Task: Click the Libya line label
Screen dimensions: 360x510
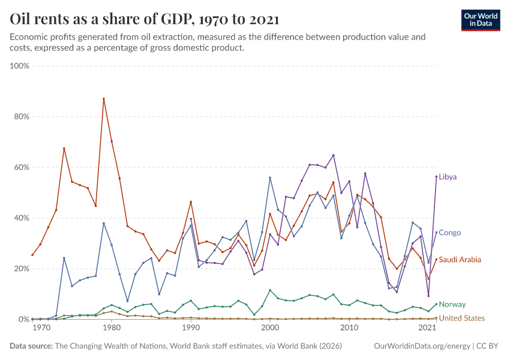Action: (448, 177)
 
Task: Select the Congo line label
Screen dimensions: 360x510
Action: (450, 233)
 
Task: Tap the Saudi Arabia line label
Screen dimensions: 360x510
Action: (460, 260)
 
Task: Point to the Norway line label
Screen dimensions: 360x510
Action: (452, 304)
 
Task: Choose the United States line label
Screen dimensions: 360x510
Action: (462, 318)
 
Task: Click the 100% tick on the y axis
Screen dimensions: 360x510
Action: (20, 65)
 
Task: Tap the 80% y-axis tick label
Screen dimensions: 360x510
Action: (22, 116)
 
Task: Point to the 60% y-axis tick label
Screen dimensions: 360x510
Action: (22, 167)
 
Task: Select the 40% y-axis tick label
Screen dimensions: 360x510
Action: (22, 218)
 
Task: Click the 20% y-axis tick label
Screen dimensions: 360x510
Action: (22, 269)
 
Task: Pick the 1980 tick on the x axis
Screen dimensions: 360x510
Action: (112, 328)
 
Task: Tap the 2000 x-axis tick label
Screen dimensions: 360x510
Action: (270, 328)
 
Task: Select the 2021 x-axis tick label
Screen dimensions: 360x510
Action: (427, 328)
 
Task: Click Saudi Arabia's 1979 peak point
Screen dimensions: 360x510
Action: (104, 98)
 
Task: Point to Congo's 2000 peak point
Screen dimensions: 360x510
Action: (270, 178)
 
